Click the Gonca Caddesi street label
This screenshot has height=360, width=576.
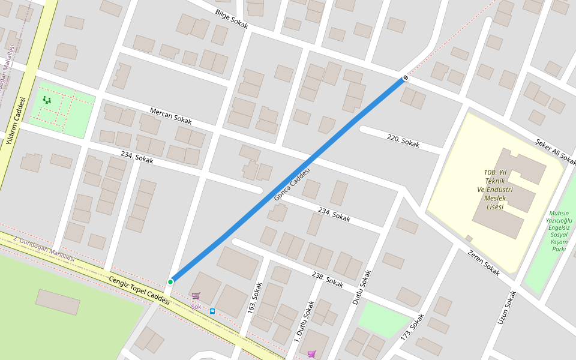(292, 184)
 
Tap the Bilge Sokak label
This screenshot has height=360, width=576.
(231, 19)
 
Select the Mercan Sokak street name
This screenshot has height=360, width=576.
(170, 116)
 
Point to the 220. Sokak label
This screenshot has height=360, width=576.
(403, 142)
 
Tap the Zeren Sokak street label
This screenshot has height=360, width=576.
(483, 262)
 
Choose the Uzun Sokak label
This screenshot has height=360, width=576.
(507, 308)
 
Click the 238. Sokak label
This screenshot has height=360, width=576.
(328, 279)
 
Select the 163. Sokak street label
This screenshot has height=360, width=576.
(256, 299)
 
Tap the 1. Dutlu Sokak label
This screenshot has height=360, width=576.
(304, 322)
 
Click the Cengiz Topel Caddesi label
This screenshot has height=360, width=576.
(140, 290)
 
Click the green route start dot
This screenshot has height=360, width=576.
(170, 281)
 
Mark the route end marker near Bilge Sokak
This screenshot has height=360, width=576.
(406, 78)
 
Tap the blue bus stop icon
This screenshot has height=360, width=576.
(212, 311)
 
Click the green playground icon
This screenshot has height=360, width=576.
(47, 100)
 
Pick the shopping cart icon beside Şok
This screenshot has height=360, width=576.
(196, 296)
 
